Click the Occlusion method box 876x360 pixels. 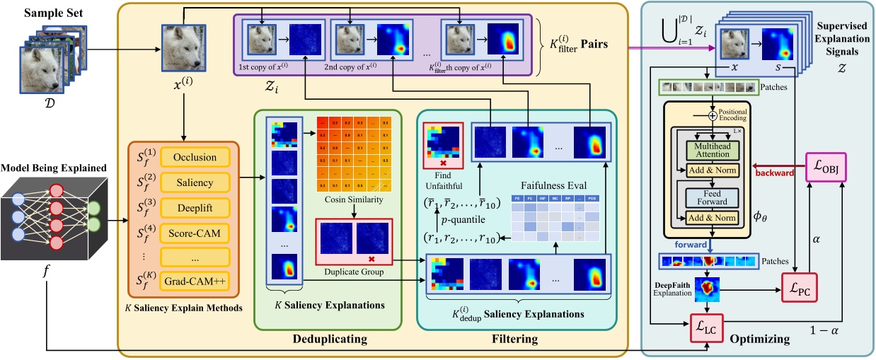pyautogui.click(x=195, y=157)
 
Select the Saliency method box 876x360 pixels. pyautogui.click(x=195, y=182)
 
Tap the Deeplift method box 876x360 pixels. pyautogui.click(x=195, y=207)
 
